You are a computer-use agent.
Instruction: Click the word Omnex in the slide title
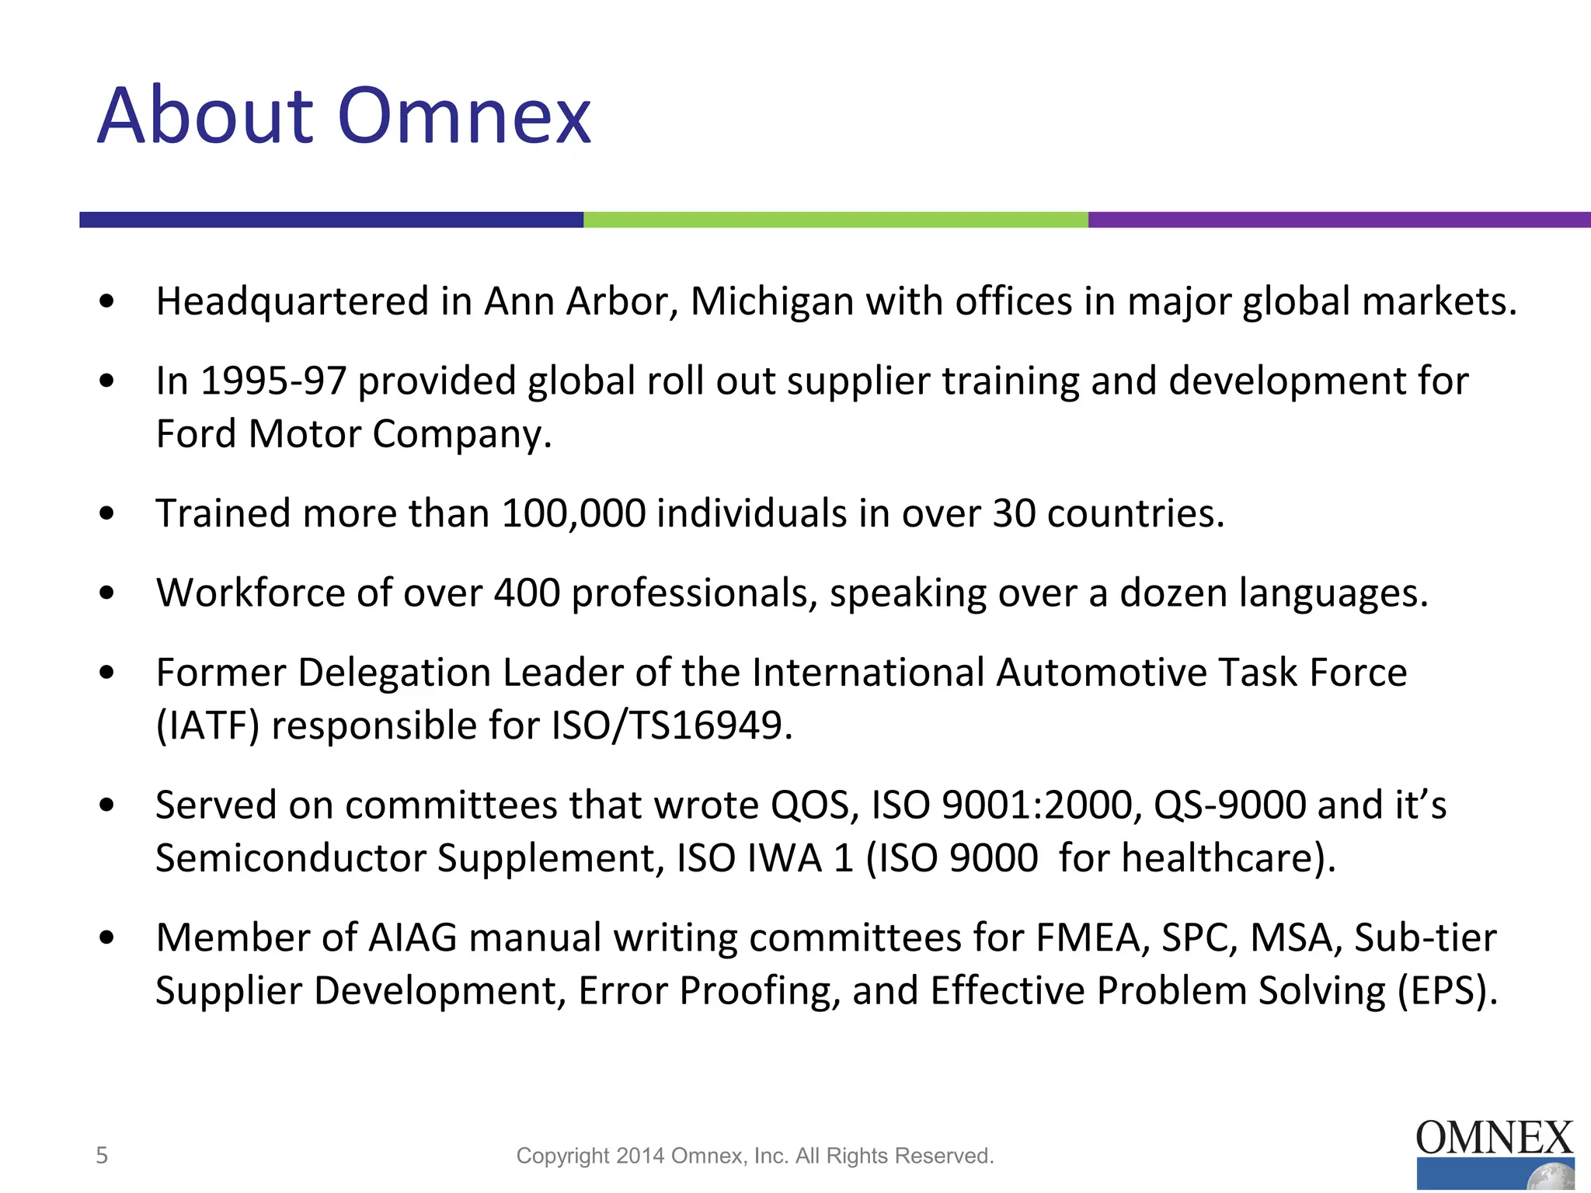(465, 117)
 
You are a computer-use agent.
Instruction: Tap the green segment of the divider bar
(835, 220)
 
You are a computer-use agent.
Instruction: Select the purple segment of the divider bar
(1339, 220)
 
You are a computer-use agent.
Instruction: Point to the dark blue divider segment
(331, 220)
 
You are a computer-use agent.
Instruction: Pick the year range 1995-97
(273, 381)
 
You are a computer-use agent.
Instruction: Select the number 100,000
(573, 513)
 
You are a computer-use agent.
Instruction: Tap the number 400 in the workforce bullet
(527, 593)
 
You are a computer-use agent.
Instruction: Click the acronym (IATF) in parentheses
(207, 726)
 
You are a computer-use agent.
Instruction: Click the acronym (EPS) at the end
(1447, 992)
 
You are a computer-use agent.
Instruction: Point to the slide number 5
(102, 1156)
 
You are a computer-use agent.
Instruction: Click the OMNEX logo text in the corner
(1494, 1139)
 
